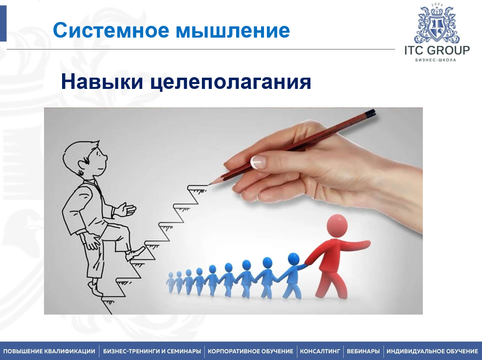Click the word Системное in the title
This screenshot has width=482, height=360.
[x=111, y=30]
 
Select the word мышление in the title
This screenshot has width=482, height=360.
[x=233, y=31]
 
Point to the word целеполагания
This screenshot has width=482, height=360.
[x=231, y=83]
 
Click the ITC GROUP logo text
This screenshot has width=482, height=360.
[x=437, y=50]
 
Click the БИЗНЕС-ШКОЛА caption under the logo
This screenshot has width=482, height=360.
[x=436, y=60]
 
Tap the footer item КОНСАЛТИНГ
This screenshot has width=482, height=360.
[x=320, y=351]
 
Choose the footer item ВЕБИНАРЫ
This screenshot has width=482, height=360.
[x=363, y=351]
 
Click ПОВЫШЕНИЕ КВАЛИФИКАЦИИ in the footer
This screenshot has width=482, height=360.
[x=49, y=351]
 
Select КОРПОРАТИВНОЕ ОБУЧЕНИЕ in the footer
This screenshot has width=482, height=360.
[x=250, y=351]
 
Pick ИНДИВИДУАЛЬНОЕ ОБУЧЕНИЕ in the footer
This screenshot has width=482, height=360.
[x=432, y=351]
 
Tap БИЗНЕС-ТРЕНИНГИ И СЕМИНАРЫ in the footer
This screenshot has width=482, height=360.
[x=152, y=351]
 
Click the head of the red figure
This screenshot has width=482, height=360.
[x=337, y=226]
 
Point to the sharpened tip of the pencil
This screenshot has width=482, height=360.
[x=210, y=184]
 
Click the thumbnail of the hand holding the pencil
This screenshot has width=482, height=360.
[x=258, y=162]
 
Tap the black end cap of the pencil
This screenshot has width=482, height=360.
[x=371, y=113]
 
